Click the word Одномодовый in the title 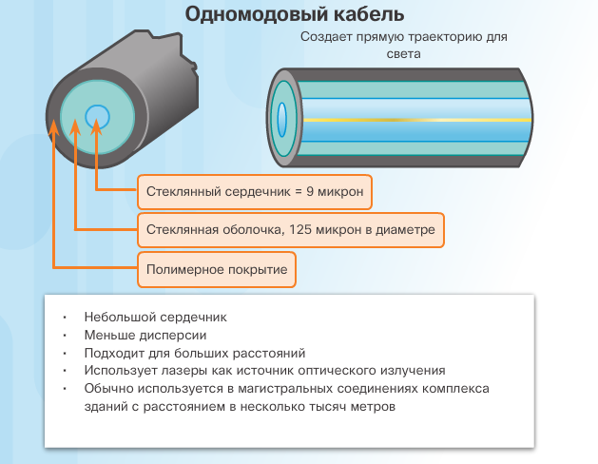click(x=256, y=15)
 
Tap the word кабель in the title click(x=369, y=14)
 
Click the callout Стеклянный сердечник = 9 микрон click(x=255, y=192)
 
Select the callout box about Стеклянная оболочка click(x=291, y=230)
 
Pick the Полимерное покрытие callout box click(x=217, y=269)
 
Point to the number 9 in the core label click(x=310, y=191)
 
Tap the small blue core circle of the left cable click(x=97, y=116)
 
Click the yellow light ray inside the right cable click(x=416, y=120)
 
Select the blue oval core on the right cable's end click(x=281, y=120)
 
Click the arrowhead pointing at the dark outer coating click(x=54, y=127)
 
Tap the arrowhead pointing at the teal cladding click(x=75, y=127)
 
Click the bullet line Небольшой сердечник click(x=156, y=317)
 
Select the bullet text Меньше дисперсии click(x=145, y=335)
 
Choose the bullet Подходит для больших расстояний click(x=195, y=353)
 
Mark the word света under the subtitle click(x=403, y=54)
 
